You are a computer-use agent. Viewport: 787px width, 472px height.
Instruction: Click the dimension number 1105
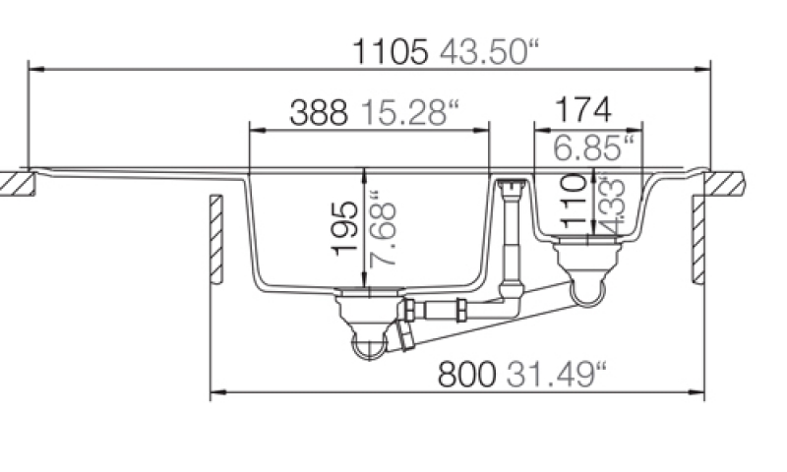391,52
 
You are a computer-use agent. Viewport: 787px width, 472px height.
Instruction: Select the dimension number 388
319,112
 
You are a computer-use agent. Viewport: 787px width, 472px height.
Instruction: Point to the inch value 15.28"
410,112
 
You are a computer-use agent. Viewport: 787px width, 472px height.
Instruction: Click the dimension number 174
583,110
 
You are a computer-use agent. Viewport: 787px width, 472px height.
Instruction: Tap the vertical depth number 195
346,229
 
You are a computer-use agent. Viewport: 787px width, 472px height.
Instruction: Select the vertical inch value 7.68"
383,229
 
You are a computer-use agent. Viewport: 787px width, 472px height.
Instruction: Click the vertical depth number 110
573,201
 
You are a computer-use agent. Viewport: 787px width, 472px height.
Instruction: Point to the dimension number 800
467,375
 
